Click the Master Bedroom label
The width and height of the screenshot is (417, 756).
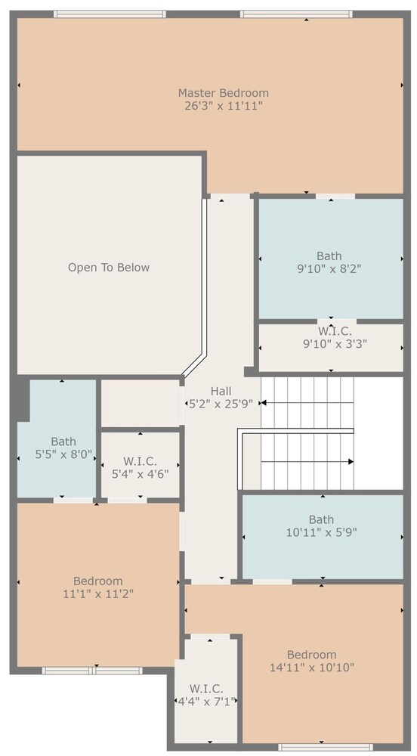[x=224, y=92]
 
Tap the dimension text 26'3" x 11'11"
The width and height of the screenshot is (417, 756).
[x=224, y=106]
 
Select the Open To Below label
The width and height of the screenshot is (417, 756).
[x=109, y=268]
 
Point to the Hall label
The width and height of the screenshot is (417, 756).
[x=221, y=391]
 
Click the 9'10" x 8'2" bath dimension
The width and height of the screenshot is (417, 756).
[x=329, y=268]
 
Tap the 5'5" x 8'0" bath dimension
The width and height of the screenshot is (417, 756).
[x=63, y=454]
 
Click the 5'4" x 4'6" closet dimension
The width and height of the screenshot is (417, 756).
[x=140, y=473]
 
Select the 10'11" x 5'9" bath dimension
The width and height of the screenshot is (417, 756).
[x=321, y=532]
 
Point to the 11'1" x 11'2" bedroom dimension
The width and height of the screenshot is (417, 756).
[x=98, y=593]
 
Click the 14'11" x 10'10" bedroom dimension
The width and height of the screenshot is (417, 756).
[x=312, y=668]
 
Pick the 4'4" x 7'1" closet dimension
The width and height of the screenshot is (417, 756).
[x=206, y=701]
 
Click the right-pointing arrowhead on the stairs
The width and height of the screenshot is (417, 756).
[x=351, y=461]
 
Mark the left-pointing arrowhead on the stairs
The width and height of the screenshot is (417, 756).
[x=264, y=403]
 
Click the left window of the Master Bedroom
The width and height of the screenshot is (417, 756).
[x=110, y=14]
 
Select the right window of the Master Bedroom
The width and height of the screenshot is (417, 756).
[x=296, y=14]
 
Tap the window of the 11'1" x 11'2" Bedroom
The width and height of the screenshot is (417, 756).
[x=92, y=670]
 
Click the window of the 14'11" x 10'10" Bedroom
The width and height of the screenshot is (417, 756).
[x=318, y=746]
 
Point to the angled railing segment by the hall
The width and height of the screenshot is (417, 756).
[x=194, y=365]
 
